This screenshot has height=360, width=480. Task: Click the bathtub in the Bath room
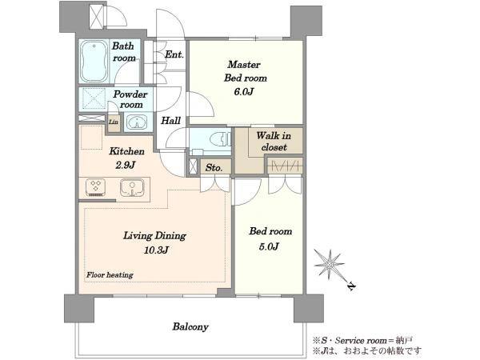pos(94,62)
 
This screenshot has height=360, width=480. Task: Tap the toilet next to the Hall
pos(221,139)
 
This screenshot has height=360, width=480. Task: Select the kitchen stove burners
pos(96,187)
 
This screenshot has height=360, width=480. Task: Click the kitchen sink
pos(132,187)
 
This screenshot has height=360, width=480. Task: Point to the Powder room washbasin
pos(137,122)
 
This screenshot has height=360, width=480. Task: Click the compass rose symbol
pos(329,264)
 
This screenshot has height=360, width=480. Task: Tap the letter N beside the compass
pos(352,286)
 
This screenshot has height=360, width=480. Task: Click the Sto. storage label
pos(214,168)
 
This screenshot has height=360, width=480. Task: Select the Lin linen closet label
pos(114,122)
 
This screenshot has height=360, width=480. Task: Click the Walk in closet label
pos(274,141)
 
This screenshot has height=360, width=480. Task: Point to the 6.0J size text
pos(244,91)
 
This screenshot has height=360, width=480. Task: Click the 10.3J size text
pos(156,250)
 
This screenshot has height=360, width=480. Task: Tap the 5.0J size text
pos(269,246)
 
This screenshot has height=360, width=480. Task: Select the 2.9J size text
pos(126,166)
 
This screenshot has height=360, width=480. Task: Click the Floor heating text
pos(110,275)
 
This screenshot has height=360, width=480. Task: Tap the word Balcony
pos(190,326)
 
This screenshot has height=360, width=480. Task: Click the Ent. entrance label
pos(174,54)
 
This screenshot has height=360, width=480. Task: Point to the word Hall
pos(171,121)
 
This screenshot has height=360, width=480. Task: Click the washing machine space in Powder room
pos(92,99)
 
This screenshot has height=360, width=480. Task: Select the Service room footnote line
pos(362,340)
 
